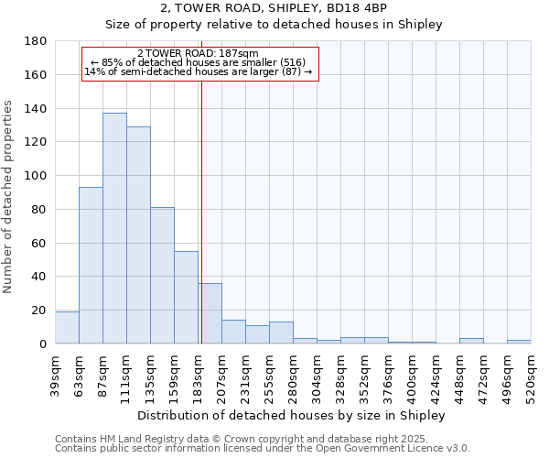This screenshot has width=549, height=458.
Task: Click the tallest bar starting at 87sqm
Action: click(114, 228)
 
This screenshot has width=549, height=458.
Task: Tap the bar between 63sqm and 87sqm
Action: click(91, 266)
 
